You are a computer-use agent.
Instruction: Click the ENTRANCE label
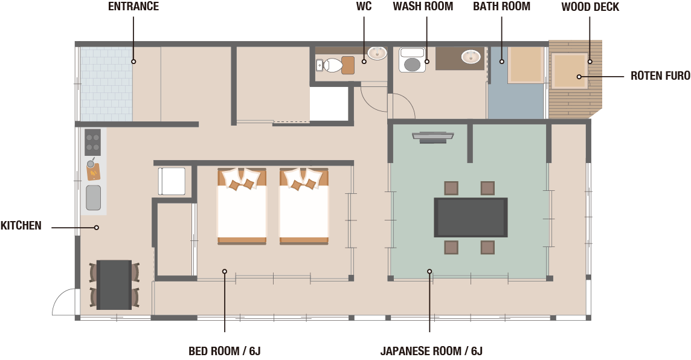point(133,7)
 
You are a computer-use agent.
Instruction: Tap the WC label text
point(364,7)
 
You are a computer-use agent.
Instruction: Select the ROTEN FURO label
point(660,76)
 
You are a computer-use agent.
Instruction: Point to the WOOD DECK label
point(590,7)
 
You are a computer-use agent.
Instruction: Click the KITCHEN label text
point(21,226)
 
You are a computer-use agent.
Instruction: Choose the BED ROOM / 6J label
point(224,351)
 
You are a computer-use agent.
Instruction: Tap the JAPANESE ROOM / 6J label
point(431,351)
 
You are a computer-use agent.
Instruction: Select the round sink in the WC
point(378,53)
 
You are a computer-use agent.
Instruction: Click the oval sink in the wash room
point(471,56)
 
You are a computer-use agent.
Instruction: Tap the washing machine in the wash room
point(412,60)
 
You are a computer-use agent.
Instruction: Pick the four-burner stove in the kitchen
point(92,142)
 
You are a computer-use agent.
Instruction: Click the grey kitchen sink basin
point(93,198)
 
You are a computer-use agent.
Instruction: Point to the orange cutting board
point(94,172)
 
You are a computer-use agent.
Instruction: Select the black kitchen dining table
point(114,284)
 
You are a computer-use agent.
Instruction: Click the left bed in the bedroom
point(242,206)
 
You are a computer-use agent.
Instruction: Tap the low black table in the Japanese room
point(471,217)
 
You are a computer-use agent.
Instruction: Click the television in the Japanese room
point(433,137)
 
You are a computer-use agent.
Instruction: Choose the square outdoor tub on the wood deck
point(570,71)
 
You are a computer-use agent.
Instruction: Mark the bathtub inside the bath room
point(525,65)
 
